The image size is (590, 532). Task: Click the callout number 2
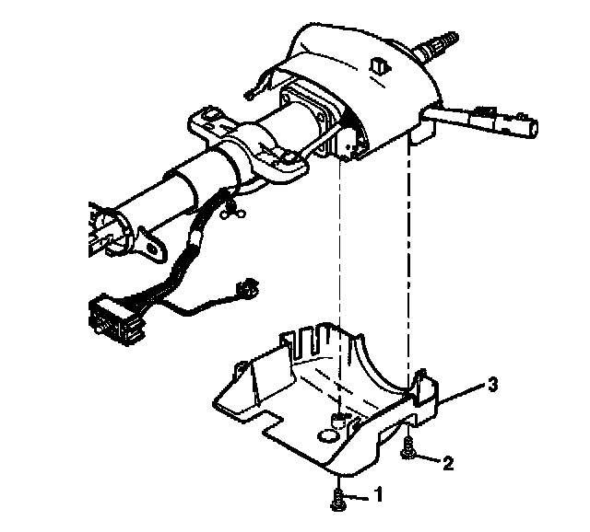click(x=448, y=463)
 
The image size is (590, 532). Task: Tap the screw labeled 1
click(x=337, y=500)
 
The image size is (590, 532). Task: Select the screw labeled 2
click(x=408, y=450)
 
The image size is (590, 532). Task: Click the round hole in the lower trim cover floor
click(x=329, y=434)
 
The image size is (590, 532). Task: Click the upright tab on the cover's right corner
click(x=424, y=387)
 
